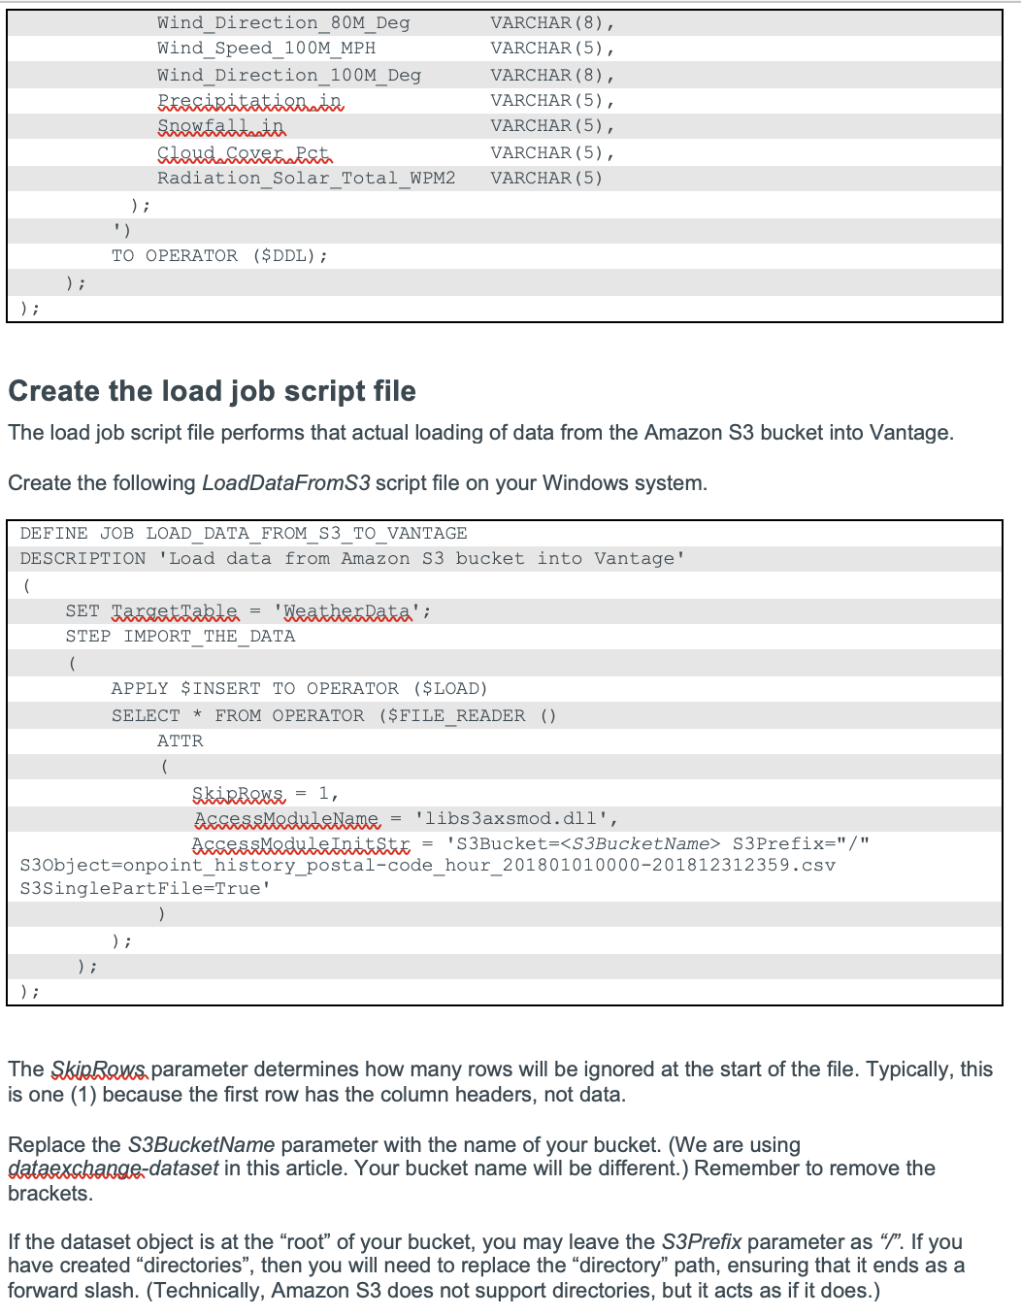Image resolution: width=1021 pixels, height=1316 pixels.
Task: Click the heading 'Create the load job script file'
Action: click(x=212, y=391)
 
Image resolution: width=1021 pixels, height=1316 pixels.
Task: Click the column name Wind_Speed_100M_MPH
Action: click(x=266, y=49)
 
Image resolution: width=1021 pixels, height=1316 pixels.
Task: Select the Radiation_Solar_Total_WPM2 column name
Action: click(x=306, y=179)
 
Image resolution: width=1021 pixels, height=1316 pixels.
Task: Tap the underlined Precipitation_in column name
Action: click(x=250, y=101)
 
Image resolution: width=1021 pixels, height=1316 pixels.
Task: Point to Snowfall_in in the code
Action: click(x=221, y=126)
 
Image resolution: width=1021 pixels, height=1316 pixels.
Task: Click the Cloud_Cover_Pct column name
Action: click(x=244, y=153)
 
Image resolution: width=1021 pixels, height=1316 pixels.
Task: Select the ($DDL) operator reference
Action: click(x=288, y=256)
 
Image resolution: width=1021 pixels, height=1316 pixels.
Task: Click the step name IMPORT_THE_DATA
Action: click(x=209, y=637)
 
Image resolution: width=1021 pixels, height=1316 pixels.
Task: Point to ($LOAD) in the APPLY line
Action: click(x=450, y=689)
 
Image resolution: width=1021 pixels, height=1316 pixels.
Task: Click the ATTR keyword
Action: click(x=181, y=741)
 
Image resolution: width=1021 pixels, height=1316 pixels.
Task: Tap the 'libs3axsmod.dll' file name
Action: click(x=510, y=819)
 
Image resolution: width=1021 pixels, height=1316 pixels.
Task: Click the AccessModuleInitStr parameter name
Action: click(x=301, y=844)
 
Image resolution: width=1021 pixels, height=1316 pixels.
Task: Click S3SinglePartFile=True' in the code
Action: click(x=145, y=889)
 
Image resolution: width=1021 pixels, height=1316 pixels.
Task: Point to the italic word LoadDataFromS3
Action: click(x=285, y=483)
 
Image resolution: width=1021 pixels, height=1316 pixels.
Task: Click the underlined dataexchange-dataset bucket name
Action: click(x=113, y=1168)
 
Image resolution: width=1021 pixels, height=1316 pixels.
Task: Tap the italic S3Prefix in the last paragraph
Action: click(x=701, y=1242)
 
